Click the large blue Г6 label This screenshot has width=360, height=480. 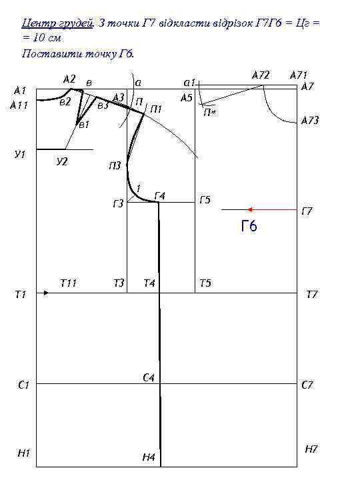point(249,226)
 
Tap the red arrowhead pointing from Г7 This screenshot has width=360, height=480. point(250,210)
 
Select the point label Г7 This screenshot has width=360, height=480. point(307,211)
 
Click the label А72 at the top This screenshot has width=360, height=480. point(261,75)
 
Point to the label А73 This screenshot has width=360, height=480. point(310,120)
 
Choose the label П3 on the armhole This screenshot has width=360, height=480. point(115,166)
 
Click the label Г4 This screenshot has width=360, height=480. point(160,195)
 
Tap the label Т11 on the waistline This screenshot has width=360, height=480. point(68,283)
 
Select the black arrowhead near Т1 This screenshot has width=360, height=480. point(46,293)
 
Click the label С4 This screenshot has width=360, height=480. point(149,378)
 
